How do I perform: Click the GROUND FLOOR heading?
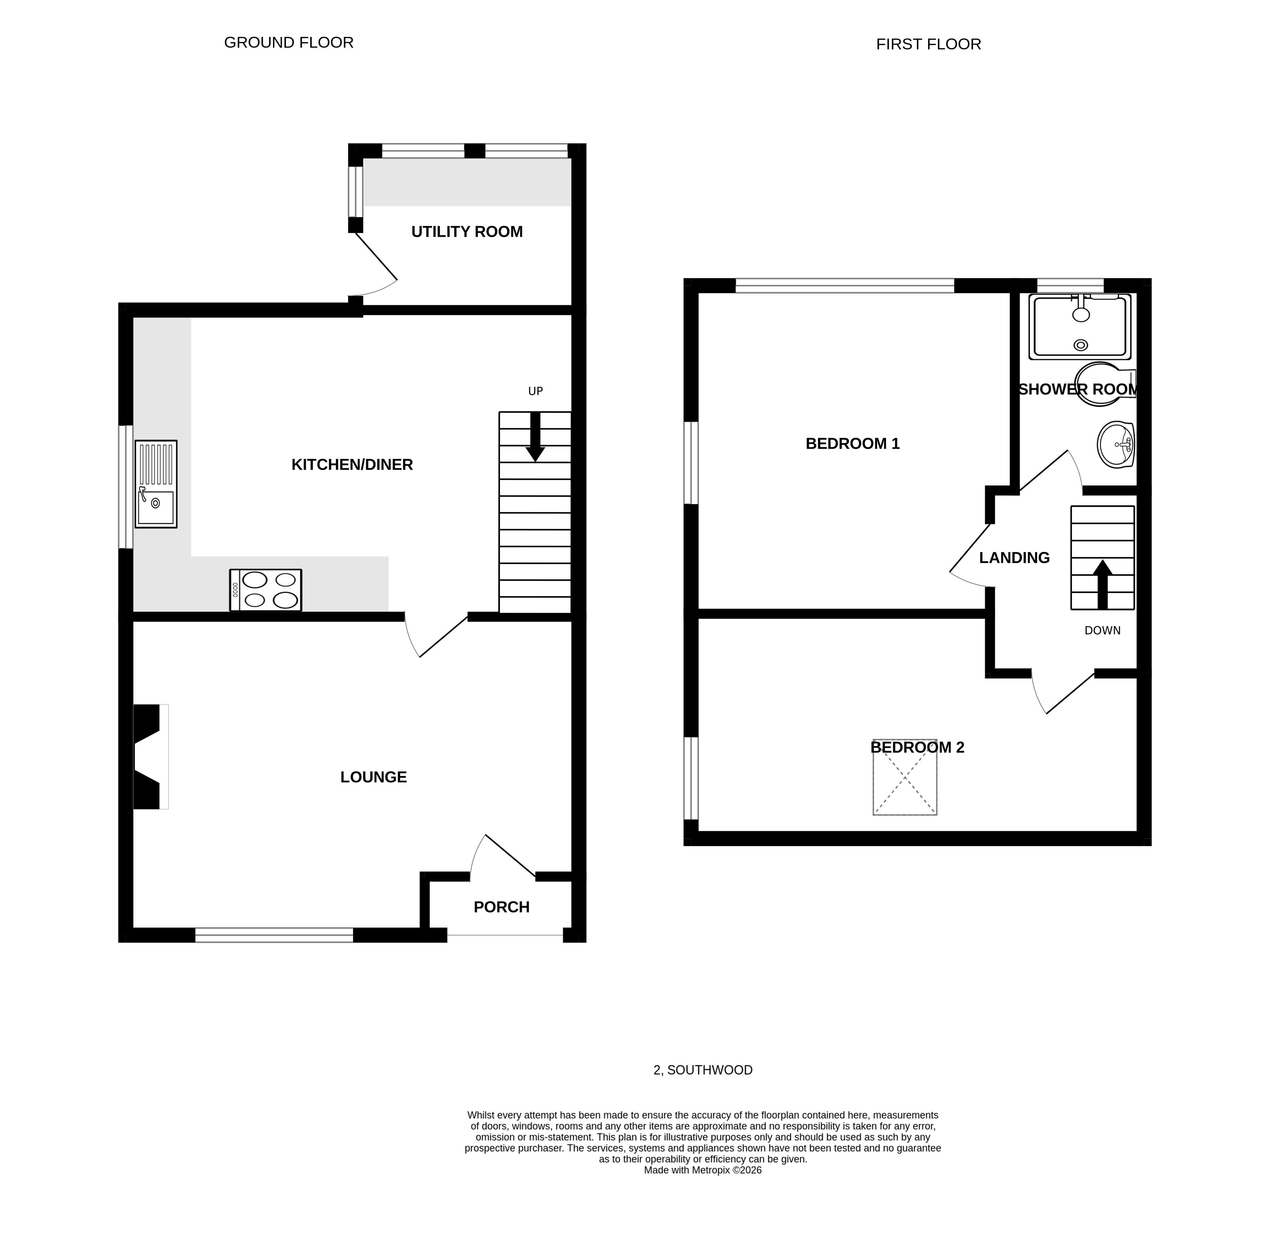coord(289,43)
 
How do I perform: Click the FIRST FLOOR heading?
coord(928,44)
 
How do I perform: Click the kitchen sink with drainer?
coord(156,484)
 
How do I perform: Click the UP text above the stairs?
coord(535,391)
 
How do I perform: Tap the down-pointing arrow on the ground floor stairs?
coord(535,438)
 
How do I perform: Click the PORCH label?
coord(501,907)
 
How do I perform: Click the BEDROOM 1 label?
coord(852,444)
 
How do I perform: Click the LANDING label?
coord(1014,558)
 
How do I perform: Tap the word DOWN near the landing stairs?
coord(1102,630)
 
